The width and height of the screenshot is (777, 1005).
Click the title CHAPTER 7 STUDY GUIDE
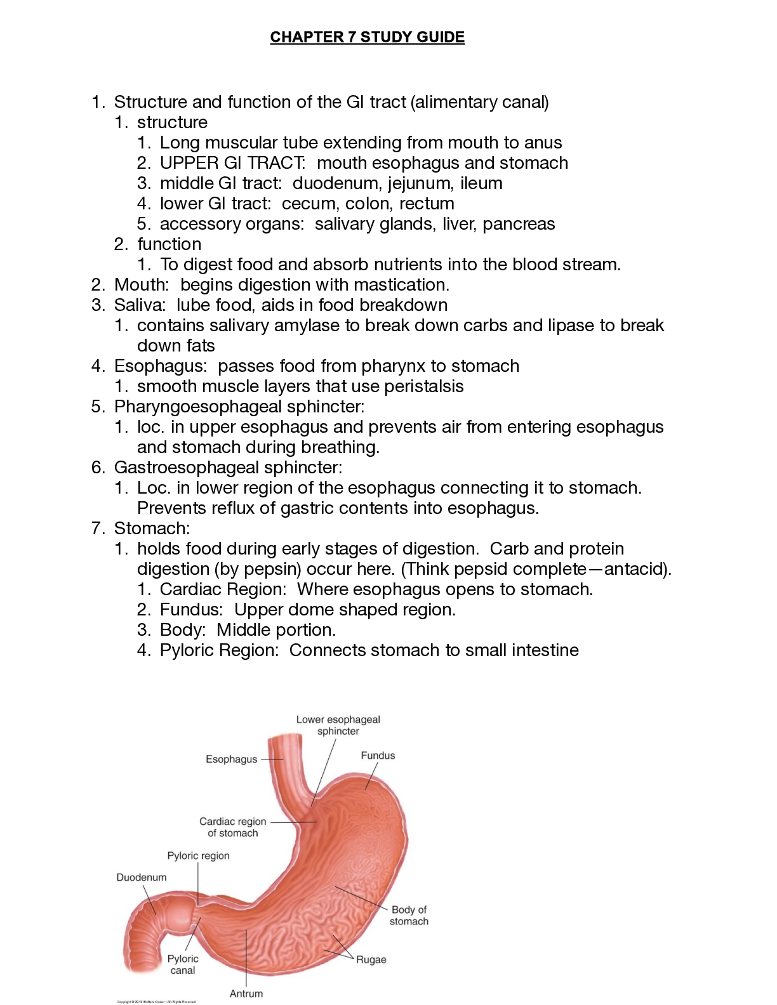click(x=367, y=37)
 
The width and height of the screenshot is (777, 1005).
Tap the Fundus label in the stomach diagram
click(x=378, y=756)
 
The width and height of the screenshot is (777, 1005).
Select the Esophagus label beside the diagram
click(x=231, y=759)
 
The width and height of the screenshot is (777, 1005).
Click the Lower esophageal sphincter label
click(x=338, y=725)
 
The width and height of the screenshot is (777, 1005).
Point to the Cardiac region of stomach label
click(x=232, y=827)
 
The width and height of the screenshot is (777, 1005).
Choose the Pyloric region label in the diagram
click(x=198, y=856)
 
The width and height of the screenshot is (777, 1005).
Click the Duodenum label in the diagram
click(x=141, y=877)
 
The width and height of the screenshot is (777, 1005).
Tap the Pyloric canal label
click(x=183, y=964)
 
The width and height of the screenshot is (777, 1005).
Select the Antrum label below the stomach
click(x=246, y=994)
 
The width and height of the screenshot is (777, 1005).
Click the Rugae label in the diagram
click(x=371, y=960)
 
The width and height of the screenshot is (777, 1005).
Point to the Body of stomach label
click(x=409, y=916)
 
